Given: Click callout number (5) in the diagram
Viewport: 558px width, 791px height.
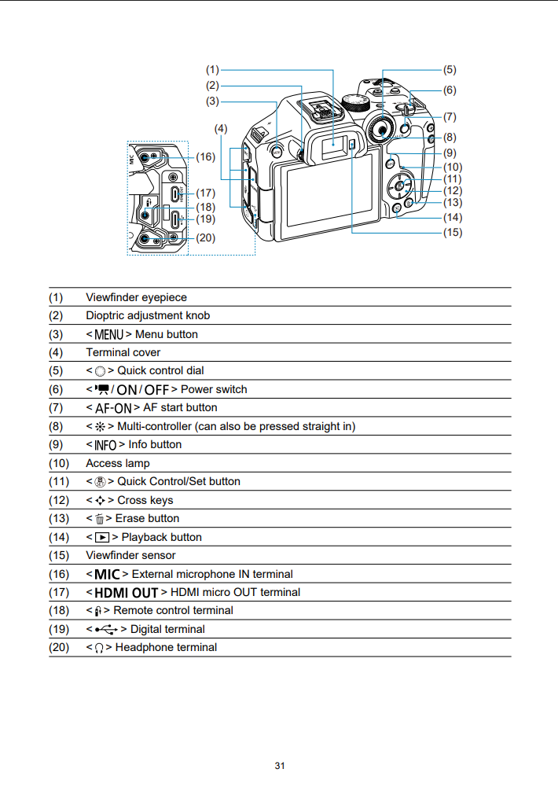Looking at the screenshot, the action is (450, 70).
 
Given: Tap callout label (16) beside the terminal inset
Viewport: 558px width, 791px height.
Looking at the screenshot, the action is (206, 157).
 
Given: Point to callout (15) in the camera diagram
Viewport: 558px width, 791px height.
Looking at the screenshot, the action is (453, 233).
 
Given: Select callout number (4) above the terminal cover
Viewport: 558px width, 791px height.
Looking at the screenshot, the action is (221, 129).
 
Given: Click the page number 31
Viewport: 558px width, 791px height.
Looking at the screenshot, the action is (280, 766).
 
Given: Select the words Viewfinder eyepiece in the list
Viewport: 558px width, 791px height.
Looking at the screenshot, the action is (136, 298).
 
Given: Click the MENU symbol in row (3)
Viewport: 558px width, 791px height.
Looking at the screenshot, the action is (109, 334).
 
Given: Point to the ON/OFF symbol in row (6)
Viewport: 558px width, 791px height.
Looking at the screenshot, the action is (143, 390).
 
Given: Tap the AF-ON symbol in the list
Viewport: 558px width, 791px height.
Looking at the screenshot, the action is (113, 408).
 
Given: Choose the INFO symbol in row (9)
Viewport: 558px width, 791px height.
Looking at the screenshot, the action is (105, 445).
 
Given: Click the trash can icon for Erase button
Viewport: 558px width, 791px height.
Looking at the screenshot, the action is (100, 519).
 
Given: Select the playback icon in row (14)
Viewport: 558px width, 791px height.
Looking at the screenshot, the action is (102, 538).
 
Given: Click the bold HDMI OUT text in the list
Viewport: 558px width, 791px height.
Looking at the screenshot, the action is (127, 593).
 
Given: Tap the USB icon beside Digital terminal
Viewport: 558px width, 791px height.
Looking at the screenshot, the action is (106, 630).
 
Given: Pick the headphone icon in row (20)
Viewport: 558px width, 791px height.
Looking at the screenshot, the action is (99, 648).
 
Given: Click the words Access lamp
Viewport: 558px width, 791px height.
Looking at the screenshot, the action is (117, 464).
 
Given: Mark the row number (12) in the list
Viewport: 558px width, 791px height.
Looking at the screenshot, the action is (58, 500).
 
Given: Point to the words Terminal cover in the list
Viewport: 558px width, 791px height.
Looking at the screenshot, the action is (123, 352).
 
